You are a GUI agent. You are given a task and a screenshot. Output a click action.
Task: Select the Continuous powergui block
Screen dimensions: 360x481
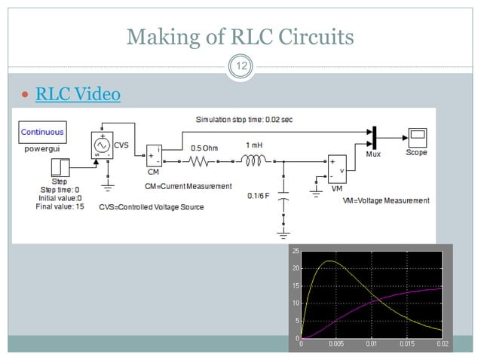42,133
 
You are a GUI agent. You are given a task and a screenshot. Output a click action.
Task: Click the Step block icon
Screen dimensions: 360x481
60,167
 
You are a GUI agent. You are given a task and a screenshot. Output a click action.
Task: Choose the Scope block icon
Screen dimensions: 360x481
417,137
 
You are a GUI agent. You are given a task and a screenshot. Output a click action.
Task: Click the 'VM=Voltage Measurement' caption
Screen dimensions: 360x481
385,201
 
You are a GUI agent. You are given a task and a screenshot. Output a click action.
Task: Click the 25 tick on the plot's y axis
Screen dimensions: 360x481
296,251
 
